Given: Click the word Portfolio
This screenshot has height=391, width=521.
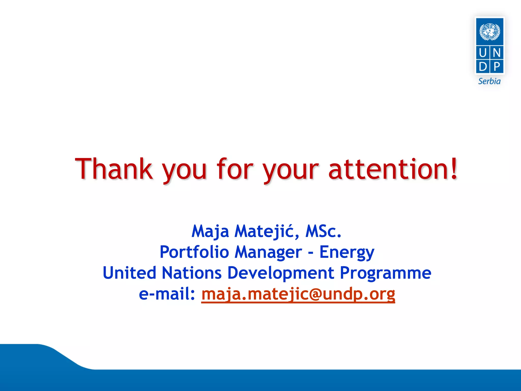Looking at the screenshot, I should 194,252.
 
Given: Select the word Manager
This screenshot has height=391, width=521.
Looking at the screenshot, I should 268,252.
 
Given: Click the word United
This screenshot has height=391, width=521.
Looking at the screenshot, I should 129,273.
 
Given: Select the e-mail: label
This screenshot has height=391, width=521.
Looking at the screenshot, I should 167,294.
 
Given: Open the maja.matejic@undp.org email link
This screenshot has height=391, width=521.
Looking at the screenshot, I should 298,294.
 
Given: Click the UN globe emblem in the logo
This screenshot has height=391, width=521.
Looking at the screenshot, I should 489,32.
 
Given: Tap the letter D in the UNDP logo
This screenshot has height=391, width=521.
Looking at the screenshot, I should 483,67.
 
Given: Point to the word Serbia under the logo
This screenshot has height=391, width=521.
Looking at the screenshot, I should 489,81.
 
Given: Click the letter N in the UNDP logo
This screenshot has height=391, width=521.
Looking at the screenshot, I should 497,53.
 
